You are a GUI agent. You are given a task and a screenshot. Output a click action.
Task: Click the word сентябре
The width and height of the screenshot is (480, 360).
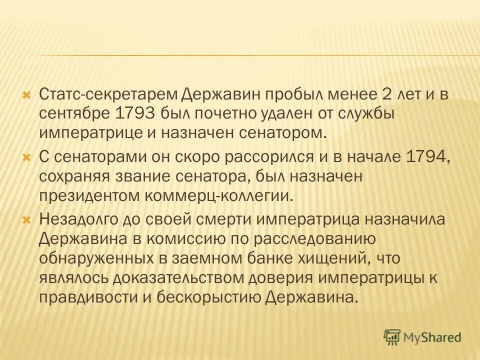tap(74, 113)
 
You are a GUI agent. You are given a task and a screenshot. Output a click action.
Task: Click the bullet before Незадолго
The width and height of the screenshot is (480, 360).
tap(28, 219)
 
